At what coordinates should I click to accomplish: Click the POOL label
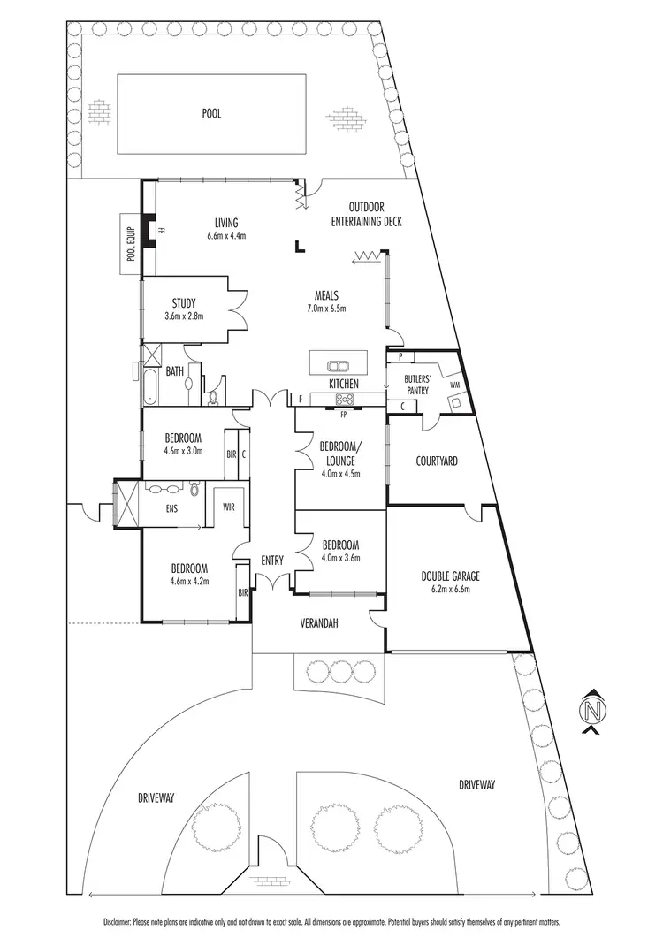(211, 114)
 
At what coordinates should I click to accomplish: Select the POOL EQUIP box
(130, 238)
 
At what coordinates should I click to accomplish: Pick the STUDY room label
(184, 304)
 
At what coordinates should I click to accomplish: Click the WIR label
(228, 507)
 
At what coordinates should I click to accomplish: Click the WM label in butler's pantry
(454, 385)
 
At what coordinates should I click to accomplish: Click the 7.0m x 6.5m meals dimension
(326, 309)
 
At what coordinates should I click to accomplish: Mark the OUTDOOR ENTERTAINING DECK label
(366, 215)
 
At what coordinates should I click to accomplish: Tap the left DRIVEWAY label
(156, 797)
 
